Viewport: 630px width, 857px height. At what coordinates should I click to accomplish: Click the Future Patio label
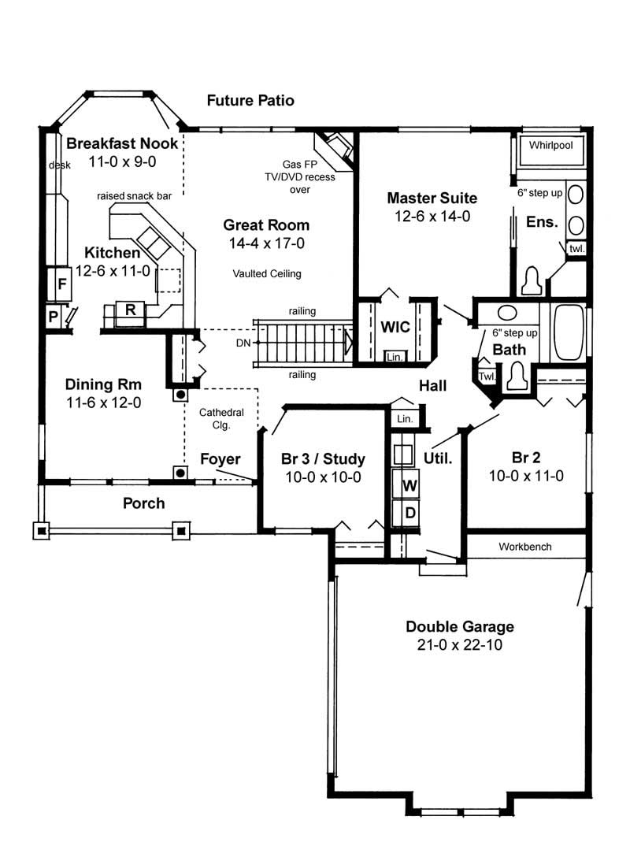(x=250, y=100)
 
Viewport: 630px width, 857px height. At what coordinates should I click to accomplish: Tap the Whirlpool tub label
(x=550, y=146)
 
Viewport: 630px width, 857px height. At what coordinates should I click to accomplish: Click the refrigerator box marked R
(x=131, y=310)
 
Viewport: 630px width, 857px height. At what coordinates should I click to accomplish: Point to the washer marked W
(x=409, y=485)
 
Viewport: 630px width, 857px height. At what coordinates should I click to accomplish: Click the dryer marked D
(x=409, y=513)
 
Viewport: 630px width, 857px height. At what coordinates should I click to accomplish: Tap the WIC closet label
(x=395, y=327)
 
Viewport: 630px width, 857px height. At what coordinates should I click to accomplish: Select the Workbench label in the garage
(x=525, y=546)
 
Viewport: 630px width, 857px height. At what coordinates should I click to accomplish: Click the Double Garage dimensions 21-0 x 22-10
(x=460, y=645)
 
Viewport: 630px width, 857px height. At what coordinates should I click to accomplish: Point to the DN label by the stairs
(x=243, y=343)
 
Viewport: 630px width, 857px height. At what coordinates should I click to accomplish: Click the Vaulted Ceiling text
(x=267, y=274)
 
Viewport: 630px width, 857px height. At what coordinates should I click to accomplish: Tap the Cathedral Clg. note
(x=220, y=418)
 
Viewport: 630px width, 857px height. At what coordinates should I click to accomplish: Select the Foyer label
(x=220, y=459)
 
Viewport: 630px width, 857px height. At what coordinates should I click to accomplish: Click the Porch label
(x=144, y=503)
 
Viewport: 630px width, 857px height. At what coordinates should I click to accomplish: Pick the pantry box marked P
(x=53, y=317)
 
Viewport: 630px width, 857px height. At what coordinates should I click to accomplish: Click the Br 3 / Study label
(x=322, y=459)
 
